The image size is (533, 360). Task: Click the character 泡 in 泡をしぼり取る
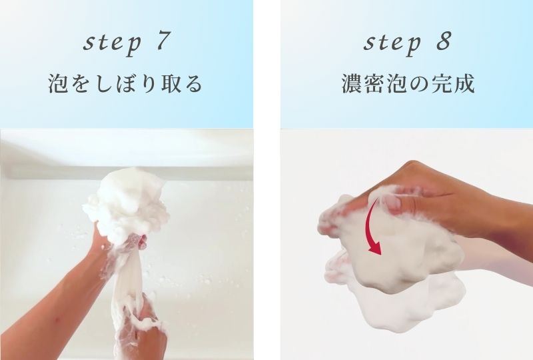click(57, 85)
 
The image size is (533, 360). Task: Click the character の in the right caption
click(424, 85)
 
